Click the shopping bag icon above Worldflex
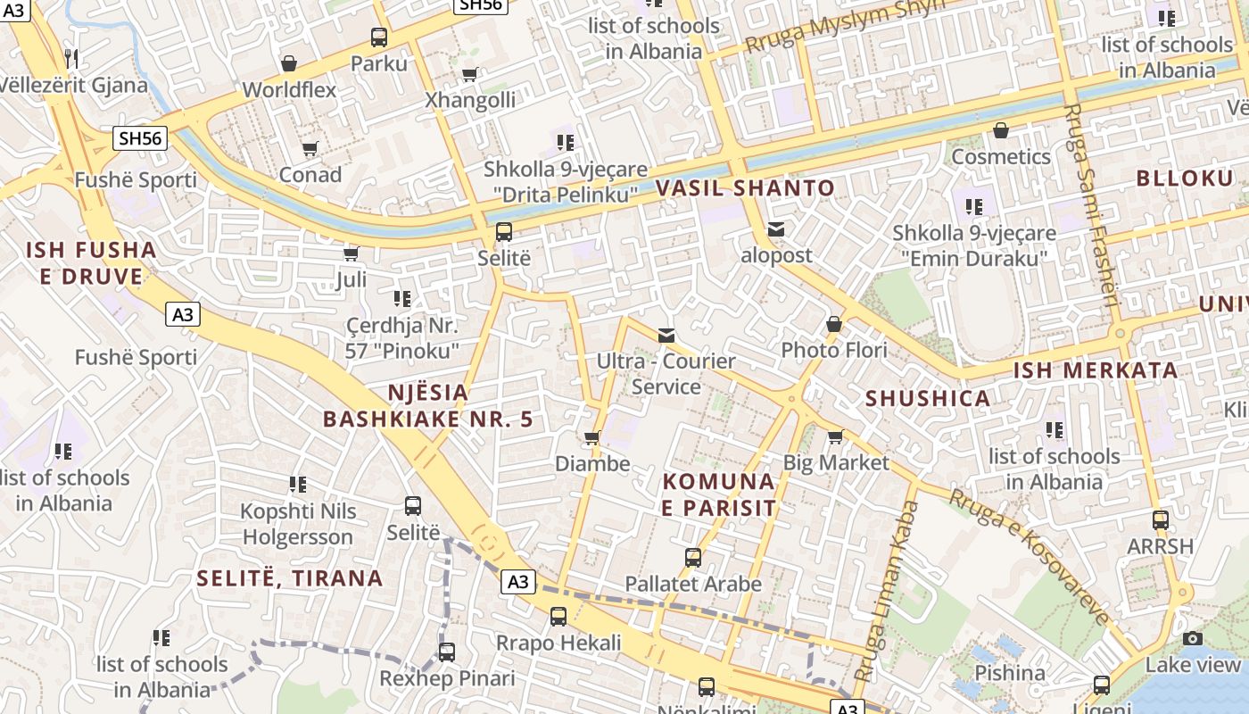(289, 63)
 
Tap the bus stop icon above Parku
(379, 37)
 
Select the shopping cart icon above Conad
(310, 148)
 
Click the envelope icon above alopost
(776, 229)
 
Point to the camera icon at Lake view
(1193, 638)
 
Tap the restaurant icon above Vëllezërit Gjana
(71, 59)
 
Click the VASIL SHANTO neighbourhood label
(745, 188)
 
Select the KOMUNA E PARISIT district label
(719, 494)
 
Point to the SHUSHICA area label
(928, 399)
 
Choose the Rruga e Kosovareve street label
(1030, 555)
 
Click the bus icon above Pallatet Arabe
(693, 558)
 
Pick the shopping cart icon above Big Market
(835, 436)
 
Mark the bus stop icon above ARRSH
(1160, 519)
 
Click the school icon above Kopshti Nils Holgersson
(298, 485)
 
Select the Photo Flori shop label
(834, 350)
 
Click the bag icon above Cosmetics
(1001, 130)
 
